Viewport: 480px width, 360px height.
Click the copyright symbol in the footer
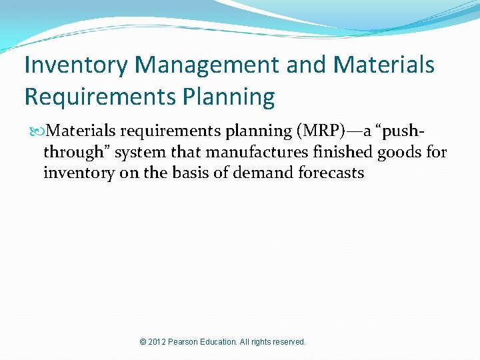click(x=143, y=342)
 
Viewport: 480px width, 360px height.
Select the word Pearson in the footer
click(x=187, y=342)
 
